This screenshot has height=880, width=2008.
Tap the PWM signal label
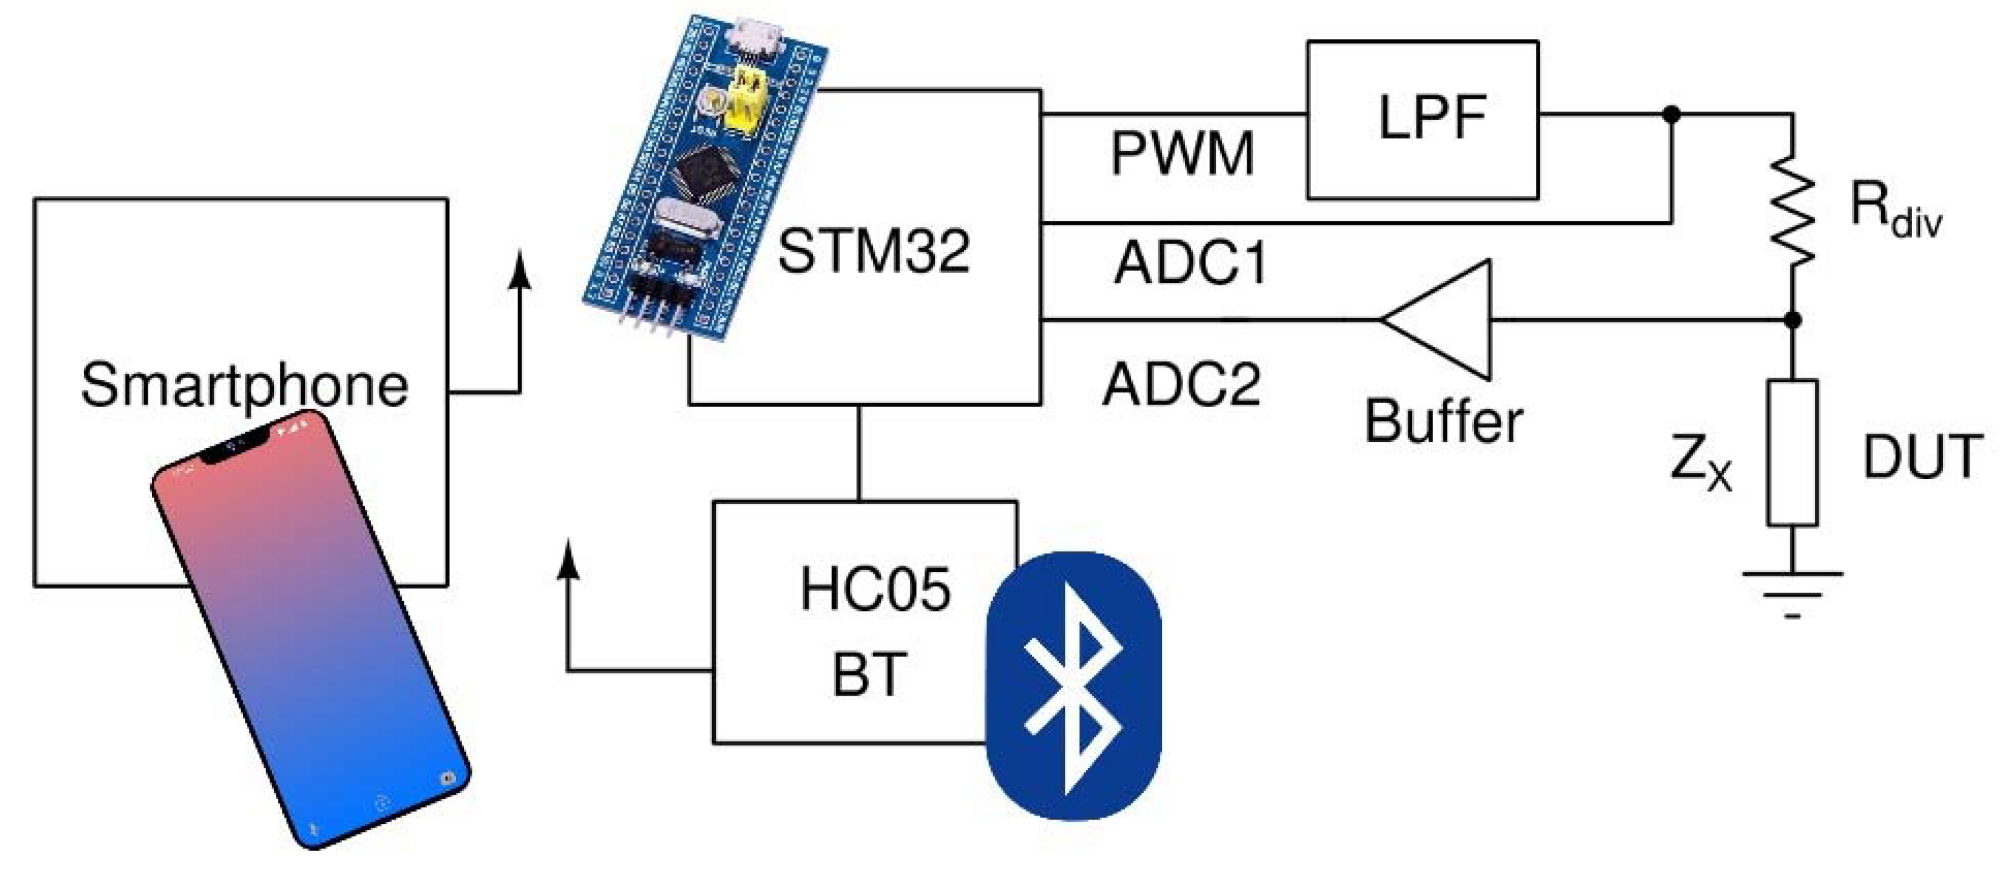coord(1182,153)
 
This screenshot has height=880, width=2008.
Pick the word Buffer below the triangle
coord(1443,422)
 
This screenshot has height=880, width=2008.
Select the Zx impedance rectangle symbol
coord(1793,453)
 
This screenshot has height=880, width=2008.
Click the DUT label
coord(1922,457)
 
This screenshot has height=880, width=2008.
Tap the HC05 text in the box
coord(875,589)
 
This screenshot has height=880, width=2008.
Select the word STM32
coord(874,251)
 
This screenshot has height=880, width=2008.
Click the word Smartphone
coord(244,384)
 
